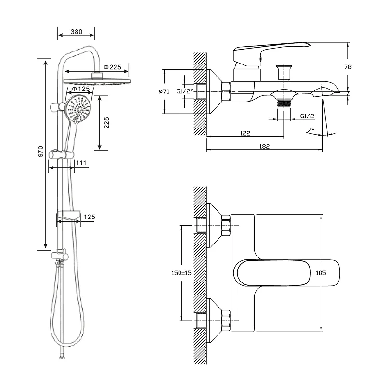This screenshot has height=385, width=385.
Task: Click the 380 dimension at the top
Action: (x=76, y=32)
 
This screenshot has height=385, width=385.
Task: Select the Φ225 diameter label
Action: (x=112, y=67)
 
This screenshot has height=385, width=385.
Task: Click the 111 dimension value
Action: (x=81, y=163)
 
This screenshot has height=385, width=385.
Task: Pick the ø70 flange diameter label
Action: (x=165, y=91)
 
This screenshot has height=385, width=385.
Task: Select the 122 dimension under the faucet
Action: (x=245, y=133)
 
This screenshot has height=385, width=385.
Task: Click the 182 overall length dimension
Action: (x=264, y=146)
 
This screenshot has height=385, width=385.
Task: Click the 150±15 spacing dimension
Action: (x=181, y=273)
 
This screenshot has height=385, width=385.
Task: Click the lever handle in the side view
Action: (x=269, y=50)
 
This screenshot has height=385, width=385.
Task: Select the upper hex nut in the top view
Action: (x=226, y=225)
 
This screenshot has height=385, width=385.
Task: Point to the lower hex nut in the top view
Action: (x=226, y=320)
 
